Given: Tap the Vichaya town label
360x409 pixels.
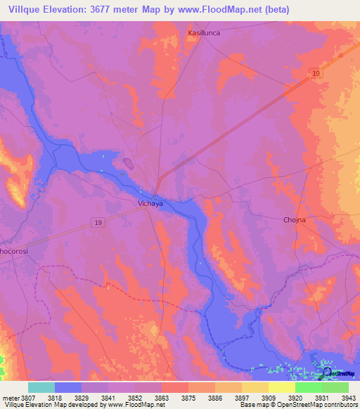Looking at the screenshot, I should (150, 204).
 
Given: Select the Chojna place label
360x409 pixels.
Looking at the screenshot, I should (294, 220).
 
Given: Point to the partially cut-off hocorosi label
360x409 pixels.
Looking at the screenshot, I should (13, 249).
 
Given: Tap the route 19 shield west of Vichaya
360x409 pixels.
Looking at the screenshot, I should (98, 221).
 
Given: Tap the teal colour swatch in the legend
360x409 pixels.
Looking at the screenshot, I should (41, 387).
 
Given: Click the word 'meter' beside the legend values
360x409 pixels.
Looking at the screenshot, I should (9, 397).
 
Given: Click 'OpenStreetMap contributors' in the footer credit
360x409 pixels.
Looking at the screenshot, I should (319, 405).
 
